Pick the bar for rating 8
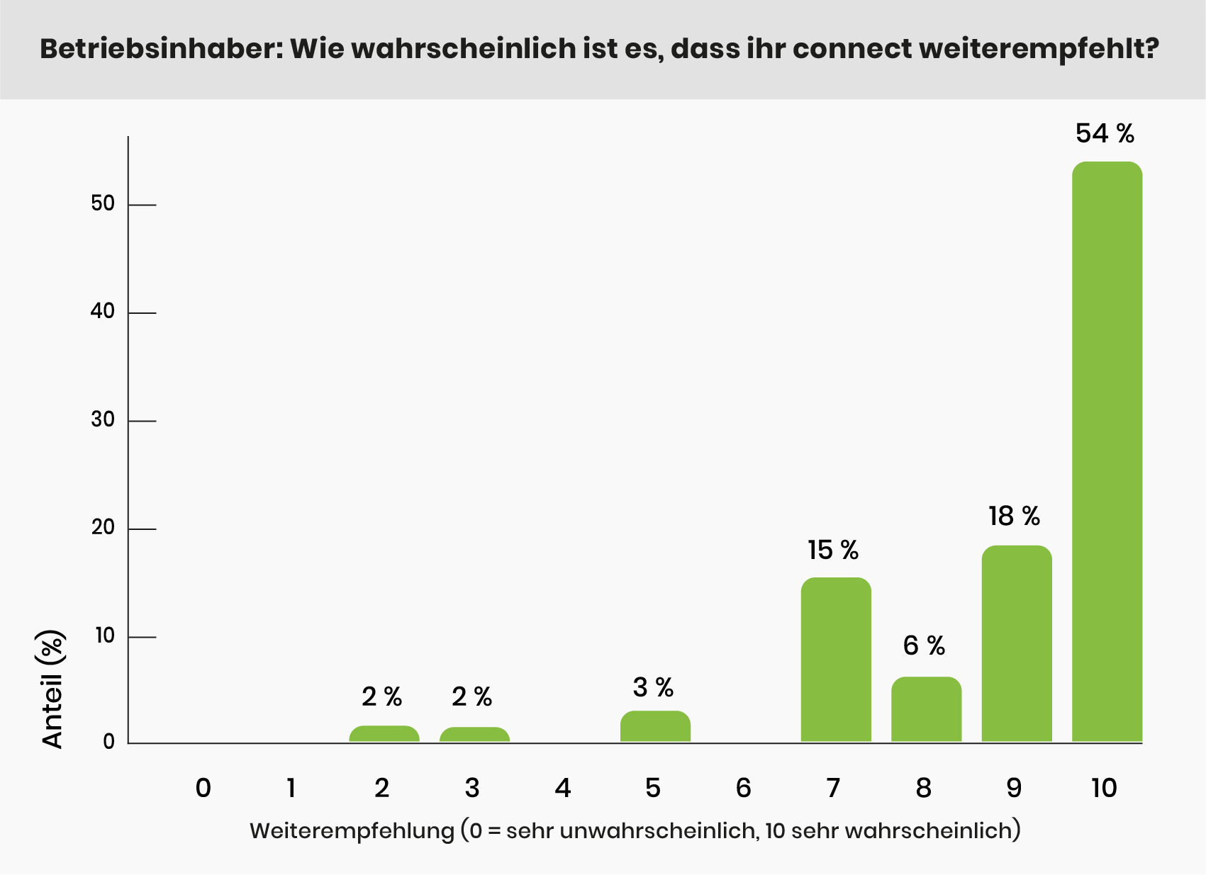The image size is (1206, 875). pos(926,709)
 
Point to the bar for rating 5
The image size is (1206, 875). pos(655,726)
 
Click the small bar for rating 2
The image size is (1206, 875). pos(384,734)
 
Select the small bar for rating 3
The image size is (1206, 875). pos(474,735)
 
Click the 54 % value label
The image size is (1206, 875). pos(1105,133)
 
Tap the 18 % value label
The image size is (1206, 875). pos(1014,516)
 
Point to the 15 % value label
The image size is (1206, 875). pos(833,550)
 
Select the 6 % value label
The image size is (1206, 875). pos(924,645)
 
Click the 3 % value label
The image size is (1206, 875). pos(653,687)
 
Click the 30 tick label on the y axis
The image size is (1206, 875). pos(103,419)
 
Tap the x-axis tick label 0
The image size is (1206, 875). pos(203,788)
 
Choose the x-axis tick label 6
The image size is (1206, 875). pos(743,788)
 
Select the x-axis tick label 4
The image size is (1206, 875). pos(563,788)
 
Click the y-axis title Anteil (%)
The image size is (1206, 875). pos(53,689)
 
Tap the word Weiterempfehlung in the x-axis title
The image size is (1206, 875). pos(352,830)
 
